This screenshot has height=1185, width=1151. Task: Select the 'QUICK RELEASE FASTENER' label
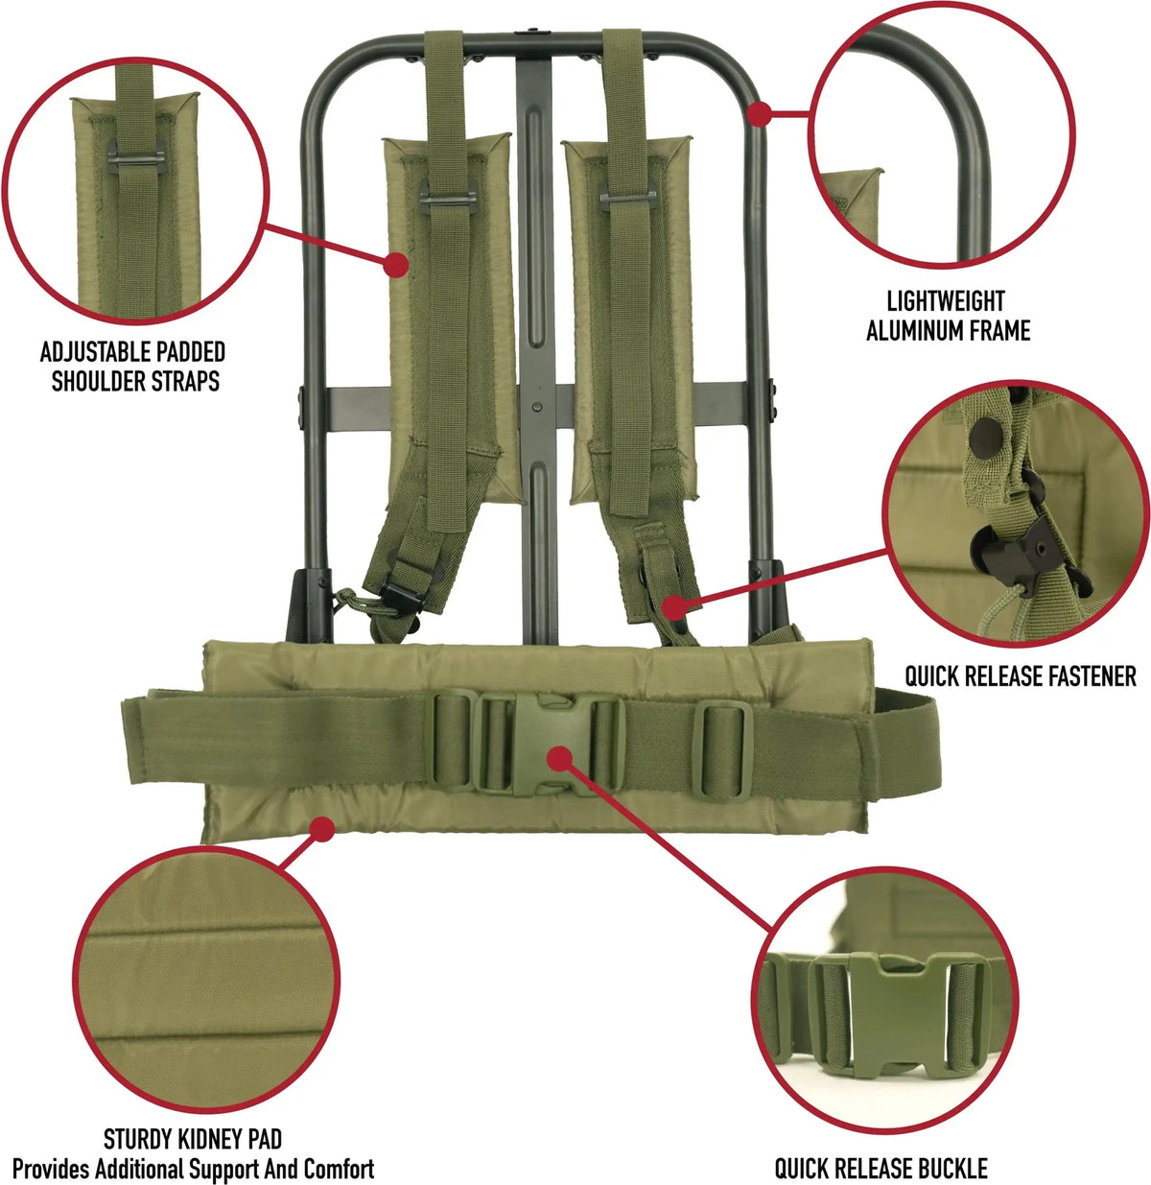click(1021, 676)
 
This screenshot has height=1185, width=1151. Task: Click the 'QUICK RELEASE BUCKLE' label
click(881, 1168)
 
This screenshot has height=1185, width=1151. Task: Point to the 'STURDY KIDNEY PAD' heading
click(193, 1139)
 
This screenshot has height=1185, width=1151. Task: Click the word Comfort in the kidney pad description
click(339, 1169)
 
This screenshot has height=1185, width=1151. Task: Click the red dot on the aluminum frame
click(759, 115)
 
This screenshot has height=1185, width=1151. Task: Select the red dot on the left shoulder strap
click(396, 263)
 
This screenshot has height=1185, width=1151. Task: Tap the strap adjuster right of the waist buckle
click(724, 748)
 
